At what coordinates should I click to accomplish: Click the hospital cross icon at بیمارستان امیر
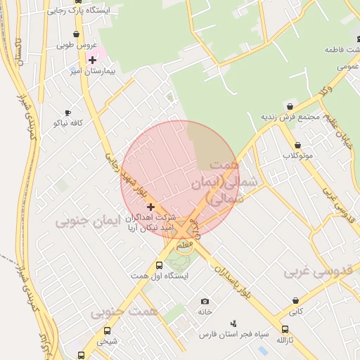pos(92,60)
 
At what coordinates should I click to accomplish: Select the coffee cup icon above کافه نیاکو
pos(67,112)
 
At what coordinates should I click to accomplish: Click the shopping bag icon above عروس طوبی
pos(76,34)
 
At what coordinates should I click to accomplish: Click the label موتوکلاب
pos(298,155)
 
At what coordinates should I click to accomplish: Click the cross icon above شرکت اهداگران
pos(150,207)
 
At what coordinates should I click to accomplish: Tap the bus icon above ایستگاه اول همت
pos(159,266)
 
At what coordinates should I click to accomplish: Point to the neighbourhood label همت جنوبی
pos(124,310)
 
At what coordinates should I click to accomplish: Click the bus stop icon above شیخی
pos(108,331)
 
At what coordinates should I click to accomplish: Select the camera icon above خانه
pos(205,301)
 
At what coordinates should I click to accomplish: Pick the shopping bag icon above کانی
pos(295,300)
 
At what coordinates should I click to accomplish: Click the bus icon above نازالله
pos(285,330)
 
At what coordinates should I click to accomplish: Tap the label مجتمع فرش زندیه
pos(290,117)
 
